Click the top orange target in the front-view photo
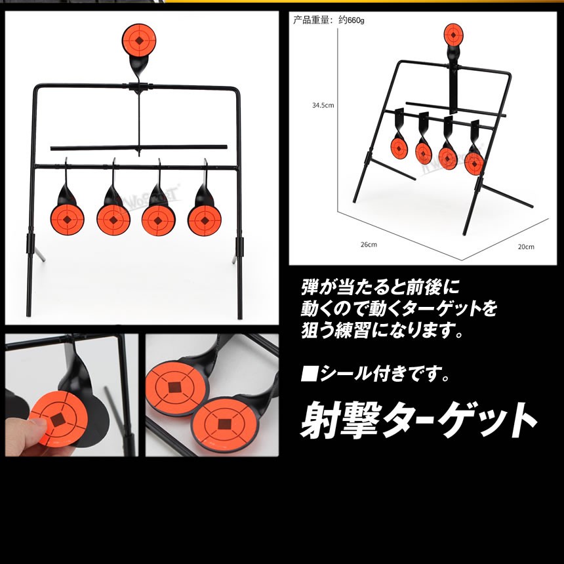click(x=139, y=40)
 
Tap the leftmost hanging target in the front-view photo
click(x=68, y=219)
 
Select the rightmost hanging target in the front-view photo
click(x=205, y=220)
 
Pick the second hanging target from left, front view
click(x=113, y=219)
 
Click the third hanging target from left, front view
click(x=158, y=220)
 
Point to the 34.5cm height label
click(x=323, y=106)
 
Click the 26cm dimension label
click(x=369, y=245)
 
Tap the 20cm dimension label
click(x=526, y=247)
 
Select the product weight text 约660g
click(x=352, y=20)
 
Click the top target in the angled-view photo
click(x=454, y=35)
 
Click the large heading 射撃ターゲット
click(x=418, y=420)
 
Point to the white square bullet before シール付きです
click(x=309, y=373)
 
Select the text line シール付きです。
click(x=376, y=373)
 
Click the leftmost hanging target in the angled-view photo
click(x=398, y=147)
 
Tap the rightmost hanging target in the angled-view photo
click(x=473, y=163)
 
